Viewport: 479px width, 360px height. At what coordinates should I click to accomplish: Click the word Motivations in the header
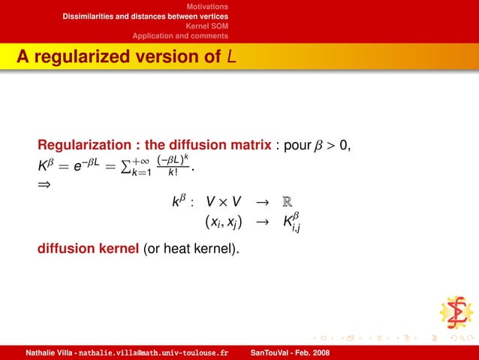coord(207,6)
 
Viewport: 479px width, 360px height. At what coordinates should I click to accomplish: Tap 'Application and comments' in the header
coord(180,35)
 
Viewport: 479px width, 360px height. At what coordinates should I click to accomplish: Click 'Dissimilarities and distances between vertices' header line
coord(146,16)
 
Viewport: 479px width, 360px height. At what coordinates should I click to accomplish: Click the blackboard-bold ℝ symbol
coord(288,201)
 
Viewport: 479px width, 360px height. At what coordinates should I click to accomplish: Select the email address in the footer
coord(153,352)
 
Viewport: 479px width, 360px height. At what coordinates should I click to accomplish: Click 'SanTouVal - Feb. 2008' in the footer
coord(288,352)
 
